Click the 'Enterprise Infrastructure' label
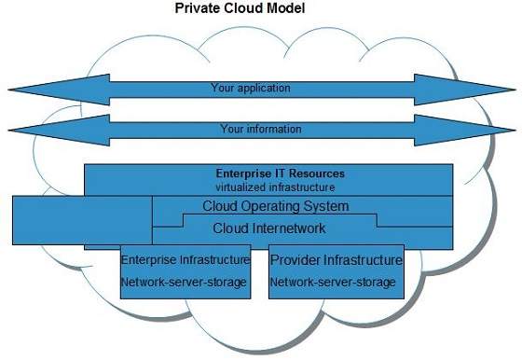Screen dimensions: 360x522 tap(186, 259)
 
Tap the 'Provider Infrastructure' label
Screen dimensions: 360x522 tap(337, 259)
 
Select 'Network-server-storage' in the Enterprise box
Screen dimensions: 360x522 tap(185, 282)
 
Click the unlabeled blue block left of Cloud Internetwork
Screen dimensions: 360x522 tap(81, 220)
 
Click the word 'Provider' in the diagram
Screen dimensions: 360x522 tap(294, 259)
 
